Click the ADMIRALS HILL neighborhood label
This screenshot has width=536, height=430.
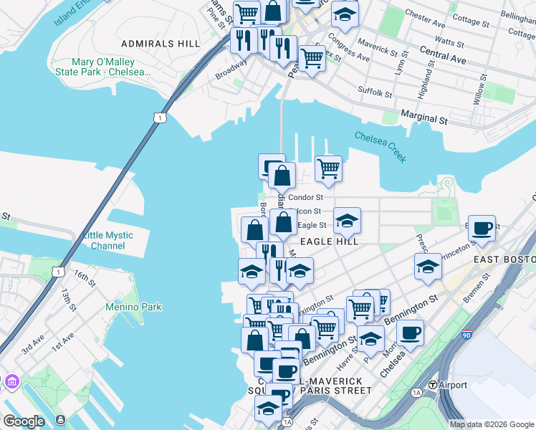(161, 44)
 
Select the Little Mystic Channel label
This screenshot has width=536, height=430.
(107, 241)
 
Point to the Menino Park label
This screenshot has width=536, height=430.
(133, 307)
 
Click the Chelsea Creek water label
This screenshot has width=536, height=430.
(381, 147)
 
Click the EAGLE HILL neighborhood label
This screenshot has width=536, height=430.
(329, 242)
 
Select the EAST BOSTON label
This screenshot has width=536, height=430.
(504, 259)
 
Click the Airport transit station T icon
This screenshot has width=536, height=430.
(433, 385)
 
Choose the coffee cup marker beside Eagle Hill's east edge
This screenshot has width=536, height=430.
(482, 229)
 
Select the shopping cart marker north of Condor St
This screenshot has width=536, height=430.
(328, 169)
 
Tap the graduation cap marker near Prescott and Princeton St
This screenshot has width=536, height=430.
(428, 267)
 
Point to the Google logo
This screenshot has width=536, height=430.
(23, 421)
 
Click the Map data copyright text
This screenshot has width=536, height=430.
(492, 424)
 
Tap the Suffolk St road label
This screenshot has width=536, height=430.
(375, 92)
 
